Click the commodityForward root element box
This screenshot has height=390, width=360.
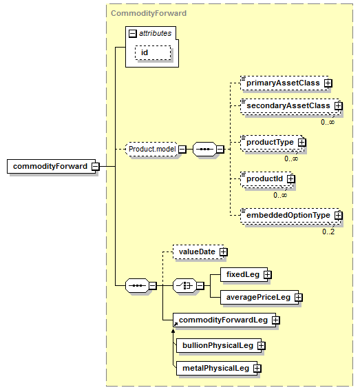pos(51,166)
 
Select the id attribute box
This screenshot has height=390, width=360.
pos(153,52)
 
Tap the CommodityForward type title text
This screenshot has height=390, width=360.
pos(149,13)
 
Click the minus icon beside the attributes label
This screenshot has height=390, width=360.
pos(133,34)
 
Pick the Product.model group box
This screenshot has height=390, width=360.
pos(152,150)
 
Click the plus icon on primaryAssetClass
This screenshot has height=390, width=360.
pos(328,83)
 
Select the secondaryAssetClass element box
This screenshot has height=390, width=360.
pos(290,106)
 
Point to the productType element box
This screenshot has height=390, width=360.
pos(272,143)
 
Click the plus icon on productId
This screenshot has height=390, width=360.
pos(290,179)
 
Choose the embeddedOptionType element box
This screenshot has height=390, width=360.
pos(290,216)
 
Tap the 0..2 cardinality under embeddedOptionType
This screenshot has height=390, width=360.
pos(328,232)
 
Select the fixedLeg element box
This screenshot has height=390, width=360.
pos(244,275)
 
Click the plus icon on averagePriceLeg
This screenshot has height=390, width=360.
pos(298,298)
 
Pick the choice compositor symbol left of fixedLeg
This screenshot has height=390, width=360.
pos(184,286)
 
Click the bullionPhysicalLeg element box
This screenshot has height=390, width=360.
pos(219,345)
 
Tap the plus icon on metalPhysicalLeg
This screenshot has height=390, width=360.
pos(257,369)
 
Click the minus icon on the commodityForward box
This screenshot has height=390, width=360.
pos(96,166)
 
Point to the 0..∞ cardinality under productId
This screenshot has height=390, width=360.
pos(280,195)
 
